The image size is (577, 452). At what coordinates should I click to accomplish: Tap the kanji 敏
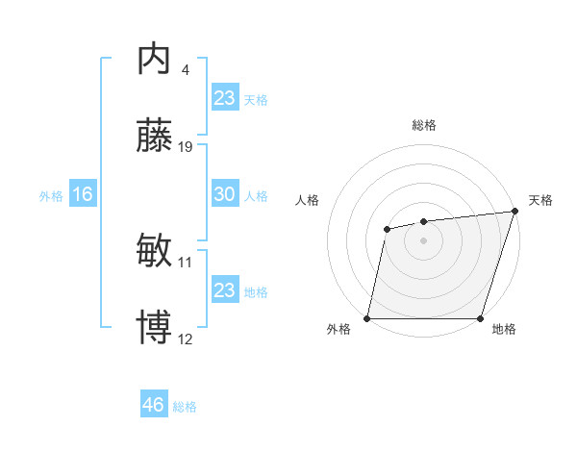coord(155,252)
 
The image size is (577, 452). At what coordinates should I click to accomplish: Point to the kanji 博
coord(155,327)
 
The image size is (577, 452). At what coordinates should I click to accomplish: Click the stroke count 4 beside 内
coord(185,70)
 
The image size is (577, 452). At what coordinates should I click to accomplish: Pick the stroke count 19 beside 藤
coord(186,147)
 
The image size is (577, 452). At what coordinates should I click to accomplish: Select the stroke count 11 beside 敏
coord(186,262)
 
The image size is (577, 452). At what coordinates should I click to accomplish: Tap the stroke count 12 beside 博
coord(186,339)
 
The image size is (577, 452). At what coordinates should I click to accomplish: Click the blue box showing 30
coord(224,194)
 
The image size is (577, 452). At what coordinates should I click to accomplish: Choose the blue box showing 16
coord(82,194)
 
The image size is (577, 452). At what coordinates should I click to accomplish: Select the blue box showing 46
coord(153,405)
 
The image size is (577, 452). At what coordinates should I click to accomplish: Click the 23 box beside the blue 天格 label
coord(224,97)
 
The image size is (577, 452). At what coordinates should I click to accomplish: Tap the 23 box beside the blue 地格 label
coord(224,290)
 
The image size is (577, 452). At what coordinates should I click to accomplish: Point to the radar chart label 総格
coord(423,126)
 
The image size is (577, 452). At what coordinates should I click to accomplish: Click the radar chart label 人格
coord(308,200)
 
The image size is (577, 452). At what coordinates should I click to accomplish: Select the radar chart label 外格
coord(339,329)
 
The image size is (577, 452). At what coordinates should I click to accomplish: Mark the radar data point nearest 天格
coord(514,212)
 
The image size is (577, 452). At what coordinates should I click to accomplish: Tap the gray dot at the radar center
coord(423,239)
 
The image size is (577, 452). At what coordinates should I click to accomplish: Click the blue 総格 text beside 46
coord(185,407)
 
